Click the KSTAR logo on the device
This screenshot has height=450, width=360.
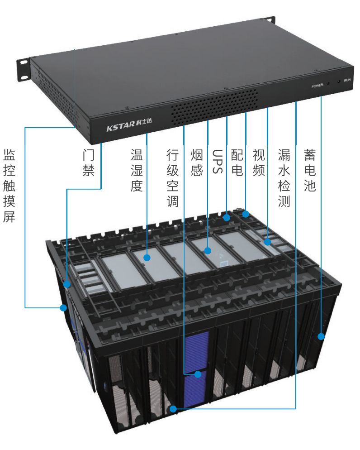(129, 124)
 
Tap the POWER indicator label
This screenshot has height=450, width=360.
(317, 86)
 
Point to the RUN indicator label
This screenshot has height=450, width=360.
(347, 80)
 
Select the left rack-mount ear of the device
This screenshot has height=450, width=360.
(24, 69)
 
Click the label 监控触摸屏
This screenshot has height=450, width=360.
(9, 186)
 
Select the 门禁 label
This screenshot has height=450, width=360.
(88, 163)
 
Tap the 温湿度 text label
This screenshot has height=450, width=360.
(137, 171)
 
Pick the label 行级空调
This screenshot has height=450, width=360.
(173, 178)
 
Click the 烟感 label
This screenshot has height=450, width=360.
(197, 163)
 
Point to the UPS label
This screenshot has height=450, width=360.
(217, 162)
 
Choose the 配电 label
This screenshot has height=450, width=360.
(237, 163)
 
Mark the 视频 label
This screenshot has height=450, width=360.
(259, 163)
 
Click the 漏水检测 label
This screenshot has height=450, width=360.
(284, 178)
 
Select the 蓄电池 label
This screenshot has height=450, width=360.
(310, 171)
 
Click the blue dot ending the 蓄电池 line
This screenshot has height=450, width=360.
(321, 336)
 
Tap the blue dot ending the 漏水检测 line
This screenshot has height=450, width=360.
(173, 409)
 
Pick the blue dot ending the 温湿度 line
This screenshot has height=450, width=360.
(147, 258)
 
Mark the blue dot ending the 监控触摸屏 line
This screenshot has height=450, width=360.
(63, 308)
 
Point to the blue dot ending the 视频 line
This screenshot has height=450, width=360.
(267, 242)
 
